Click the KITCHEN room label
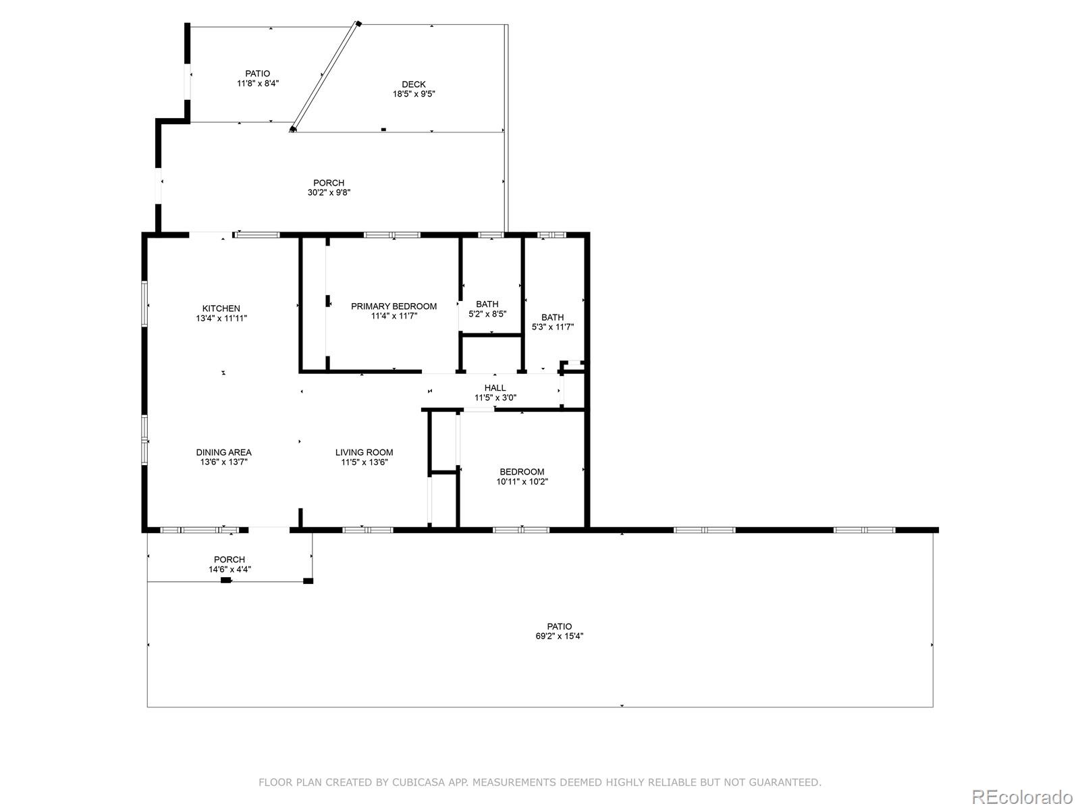[221, 308]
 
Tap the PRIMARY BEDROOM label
[394, 306]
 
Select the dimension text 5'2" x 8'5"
[487, 314]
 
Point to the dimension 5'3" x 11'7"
[552, 327]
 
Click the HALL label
[495, 388]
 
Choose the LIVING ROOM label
[364, 452]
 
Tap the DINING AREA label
[223, 452]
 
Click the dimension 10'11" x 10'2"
[522, 482]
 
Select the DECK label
[414, 84]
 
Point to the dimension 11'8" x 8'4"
[257, 84]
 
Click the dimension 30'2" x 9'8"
[329, 192]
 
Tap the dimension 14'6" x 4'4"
[230, 569]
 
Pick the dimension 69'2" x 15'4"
[559, 636]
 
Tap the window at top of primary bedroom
[392, 235]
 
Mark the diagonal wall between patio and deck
[325, 76]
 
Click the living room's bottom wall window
[368, 530]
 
